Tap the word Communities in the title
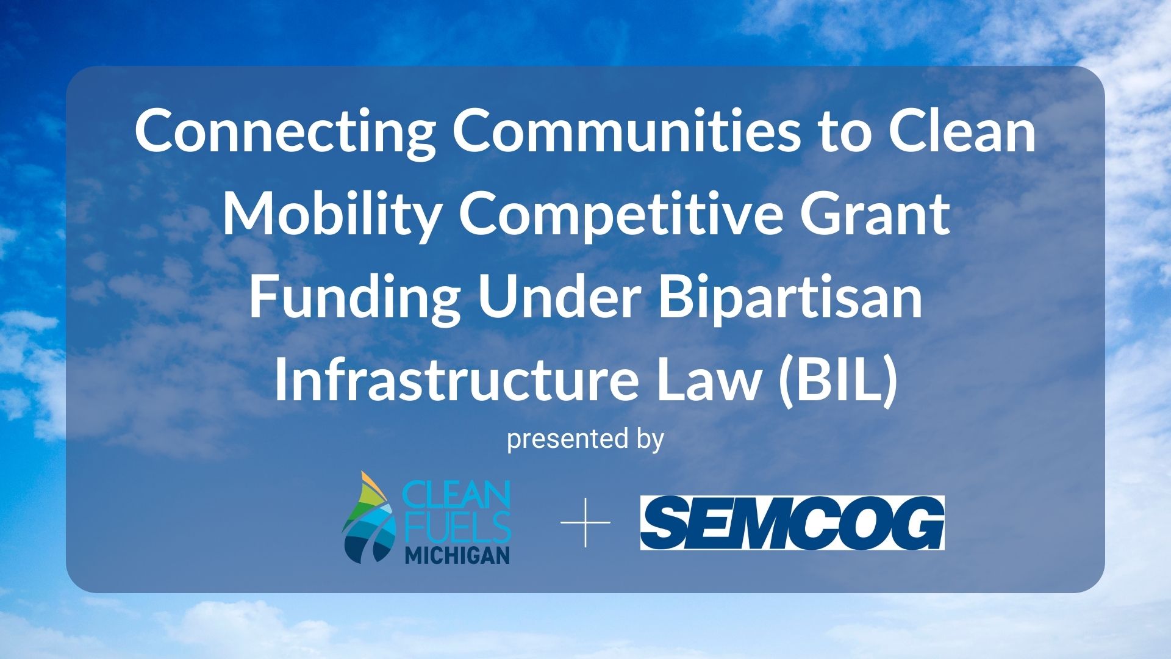point(625,130)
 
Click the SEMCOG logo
point(792,523)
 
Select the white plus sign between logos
point(585,522)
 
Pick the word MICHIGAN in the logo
point(457,555)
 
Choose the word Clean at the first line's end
point(962,130)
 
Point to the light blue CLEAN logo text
point(458,496)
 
